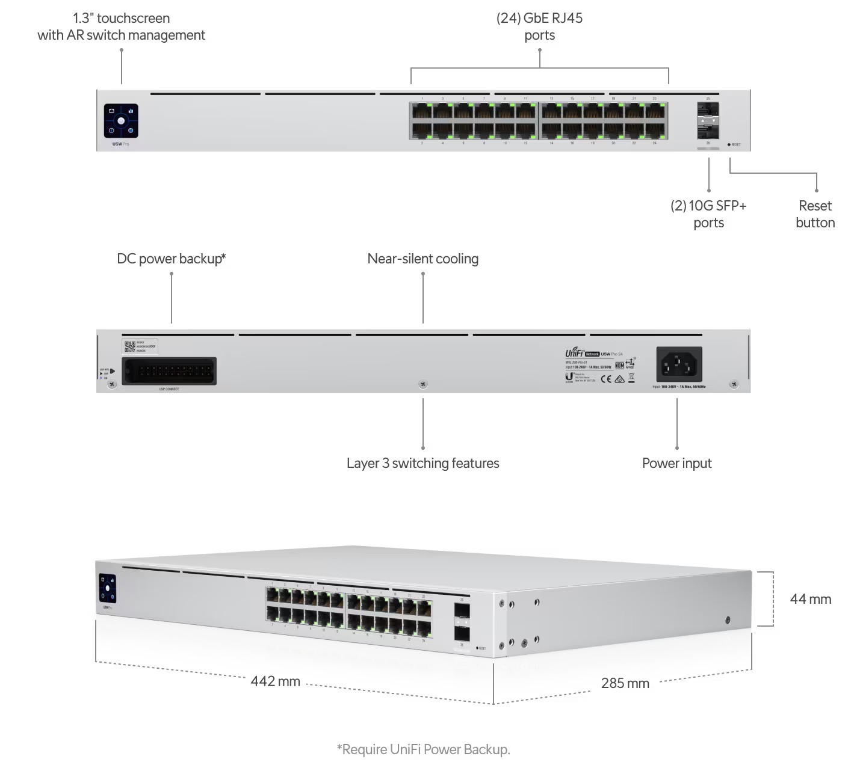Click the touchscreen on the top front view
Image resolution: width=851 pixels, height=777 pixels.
(121, 120)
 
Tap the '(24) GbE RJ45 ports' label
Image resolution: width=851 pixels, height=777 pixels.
(539, 26)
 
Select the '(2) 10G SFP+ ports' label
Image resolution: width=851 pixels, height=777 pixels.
(708, 214)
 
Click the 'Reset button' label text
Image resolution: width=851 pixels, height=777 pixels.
(815, 214)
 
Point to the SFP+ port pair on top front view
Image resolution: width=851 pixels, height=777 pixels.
(708, 120)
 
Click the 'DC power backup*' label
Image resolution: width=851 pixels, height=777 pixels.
(172, 259)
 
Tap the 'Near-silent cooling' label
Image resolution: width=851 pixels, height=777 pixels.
(422, 259)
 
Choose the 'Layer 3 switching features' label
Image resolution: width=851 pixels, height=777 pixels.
(422, 463)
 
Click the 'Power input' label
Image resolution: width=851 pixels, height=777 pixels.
(676, 463)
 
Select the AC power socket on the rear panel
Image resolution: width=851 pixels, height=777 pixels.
(679, 364)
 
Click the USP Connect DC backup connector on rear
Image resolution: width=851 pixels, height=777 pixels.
(169, 371)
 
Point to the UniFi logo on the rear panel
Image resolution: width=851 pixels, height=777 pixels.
(574, 353)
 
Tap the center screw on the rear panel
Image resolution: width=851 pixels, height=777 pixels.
(423, 384)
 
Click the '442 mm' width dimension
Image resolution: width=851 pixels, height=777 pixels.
(275, 681)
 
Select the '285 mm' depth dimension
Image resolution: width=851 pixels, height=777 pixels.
(625, 683)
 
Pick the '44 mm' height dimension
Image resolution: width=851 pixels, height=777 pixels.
(810, 599)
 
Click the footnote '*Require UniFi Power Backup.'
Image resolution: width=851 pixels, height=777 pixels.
(423, 749)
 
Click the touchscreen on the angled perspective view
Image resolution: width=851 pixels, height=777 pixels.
(108, 588)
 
